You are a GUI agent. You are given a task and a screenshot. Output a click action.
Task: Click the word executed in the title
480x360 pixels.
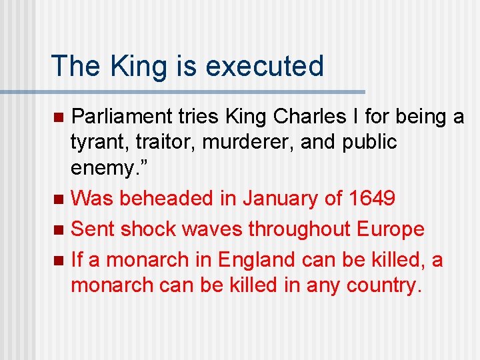pos(265,66)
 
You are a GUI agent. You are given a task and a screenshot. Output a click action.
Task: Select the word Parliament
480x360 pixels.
pos(122,117)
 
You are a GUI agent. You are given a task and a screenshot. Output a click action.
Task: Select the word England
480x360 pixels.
pos(255,260)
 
